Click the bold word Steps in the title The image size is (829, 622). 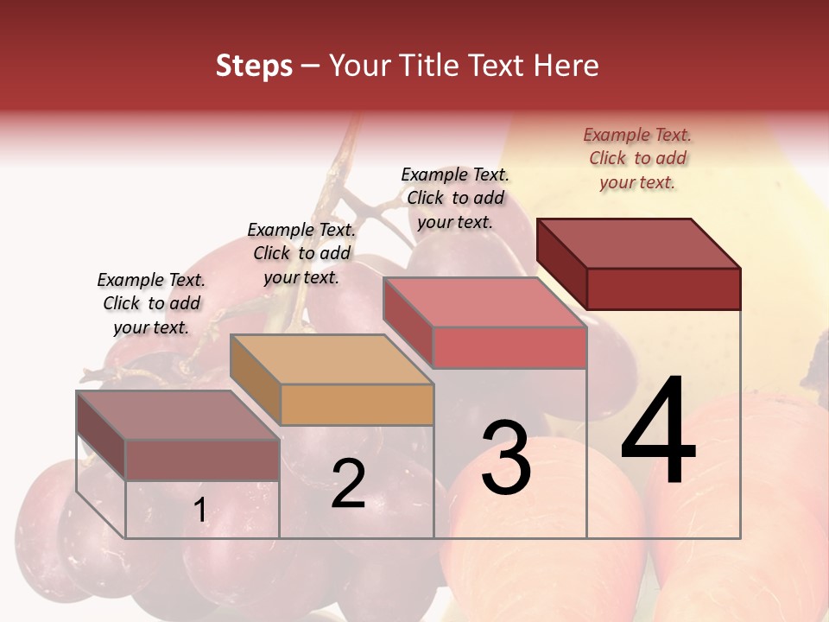click(254, 67)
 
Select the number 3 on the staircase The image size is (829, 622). click(505, 457)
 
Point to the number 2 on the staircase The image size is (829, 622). click(348, 483)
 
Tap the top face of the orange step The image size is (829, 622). click(332, 359)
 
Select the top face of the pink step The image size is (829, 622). click(485, 302)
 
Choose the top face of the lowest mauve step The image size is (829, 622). click(178, 415)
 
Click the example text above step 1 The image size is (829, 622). click(151, 303)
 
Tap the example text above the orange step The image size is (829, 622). click(301, 253)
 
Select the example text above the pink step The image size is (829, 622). click(455, 198)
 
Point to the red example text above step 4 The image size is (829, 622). click(637, 158)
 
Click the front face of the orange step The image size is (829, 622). click(357, 404)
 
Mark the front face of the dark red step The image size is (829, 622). click(663, 289)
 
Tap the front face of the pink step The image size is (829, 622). click(509, 347)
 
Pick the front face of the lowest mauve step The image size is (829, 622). click(202, 460)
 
